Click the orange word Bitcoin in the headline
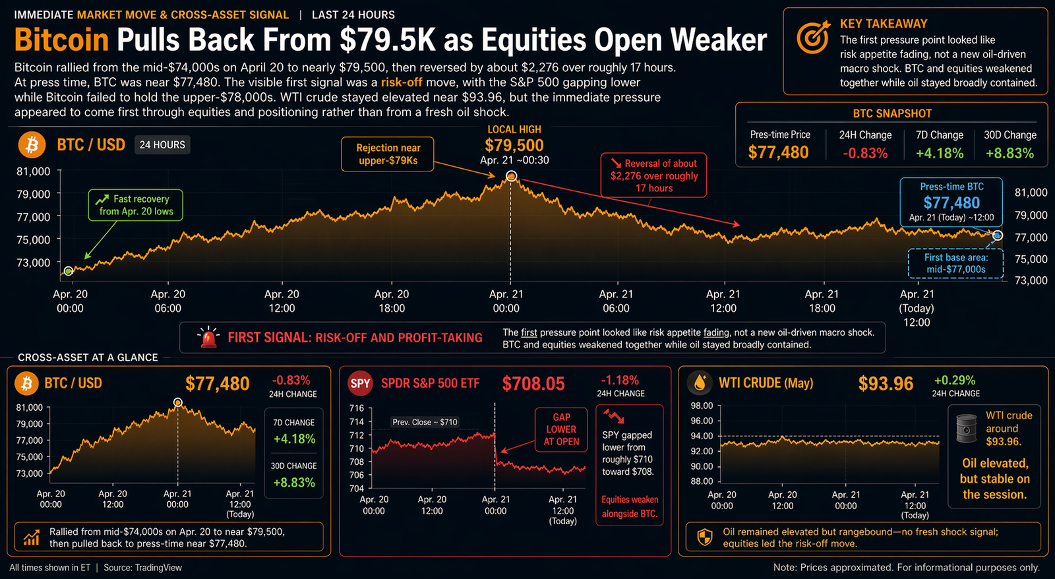[x=61, y=40]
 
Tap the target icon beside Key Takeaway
[x=813, y=38]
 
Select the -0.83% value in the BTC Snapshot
[x=865, y=153]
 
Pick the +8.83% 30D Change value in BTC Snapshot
[x=1010, y=153]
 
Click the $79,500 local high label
[x=514, y=145]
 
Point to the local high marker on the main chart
[x=511, y=176]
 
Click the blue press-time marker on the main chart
[x=998, y=235]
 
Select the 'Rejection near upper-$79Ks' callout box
[x=388, y=154]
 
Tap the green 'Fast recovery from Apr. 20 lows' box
[x=136, y=205]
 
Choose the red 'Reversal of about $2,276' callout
[x=653, y=175]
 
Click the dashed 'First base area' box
[x=955, y=263]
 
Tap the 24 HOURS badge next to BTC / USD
[x=162, y=144]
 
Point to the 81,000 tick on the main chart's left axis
[x=33, y=171]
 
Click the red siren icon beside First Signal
[x=208, y=337]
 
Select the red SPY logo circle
[x=360, y=383]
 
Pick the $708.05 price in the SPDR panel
[x=533, y=383]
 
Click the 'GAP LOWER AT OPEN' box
[x=561, y=429]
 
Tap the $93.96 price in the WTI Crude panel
[x=886, y=383]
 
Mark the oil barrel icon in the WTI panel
[x=966, y=428]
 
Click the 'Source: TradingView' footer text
[x=142, y=568]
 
